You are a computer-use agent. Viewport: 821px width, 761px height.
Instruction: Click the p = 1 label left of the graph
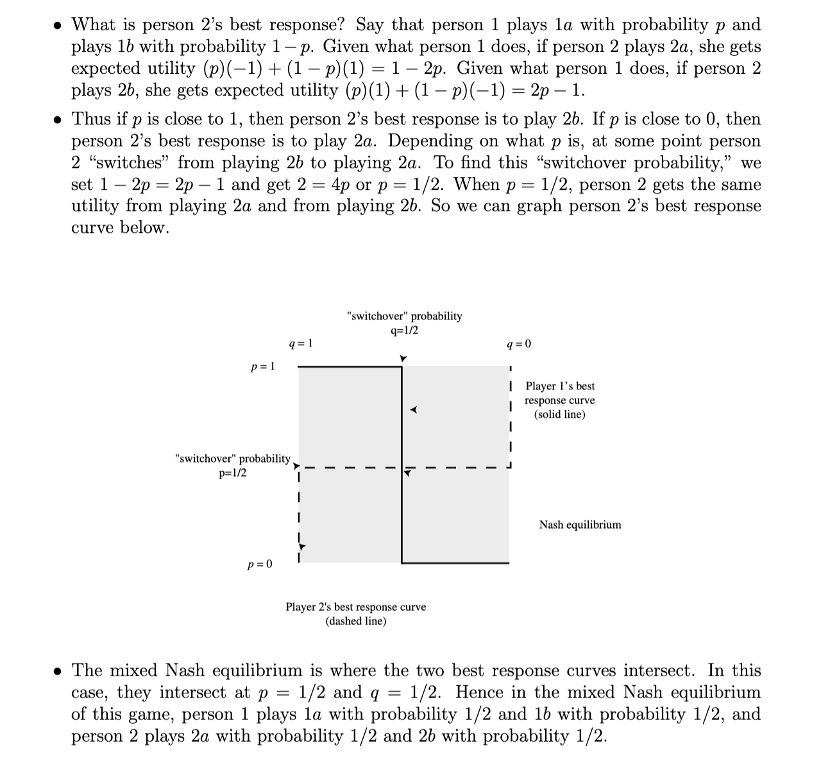click(262, 366)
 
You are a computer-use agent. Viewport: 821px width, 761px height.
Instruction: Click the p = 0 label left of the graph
click(260, 564)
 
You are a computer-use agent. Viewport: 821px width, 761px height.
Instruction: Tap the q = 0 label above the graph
click(519, 344)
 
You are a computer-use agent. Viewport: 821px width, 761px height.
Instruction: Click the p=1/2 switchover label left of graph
click(232, 466)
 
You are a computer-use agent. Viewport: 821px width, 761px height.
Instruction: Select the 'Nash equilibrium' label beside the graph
click(580, 525)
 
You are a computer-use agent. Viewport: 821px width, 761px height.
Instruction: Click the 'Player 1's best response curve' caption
click(559, 400)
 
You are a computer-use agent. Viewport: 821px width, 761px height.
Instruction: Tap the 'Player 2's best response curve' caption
click(355, 613)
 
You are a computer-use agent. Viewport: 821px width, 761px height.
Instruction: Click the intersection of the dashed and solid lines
click(402, 468)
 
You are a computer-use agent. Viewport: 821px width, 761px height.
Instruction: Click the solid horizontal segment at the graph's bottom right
click(455, 563)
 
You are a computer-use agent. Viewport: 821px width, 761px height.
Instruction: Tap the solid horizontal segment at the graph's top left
click(350, 367)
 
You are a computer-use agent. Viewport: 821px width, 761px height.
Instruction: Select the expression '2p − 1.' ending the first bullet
click(558, 90)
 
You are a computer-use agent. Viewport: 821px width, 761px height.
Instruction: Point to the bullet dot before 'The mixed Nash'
click(58, 672)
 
